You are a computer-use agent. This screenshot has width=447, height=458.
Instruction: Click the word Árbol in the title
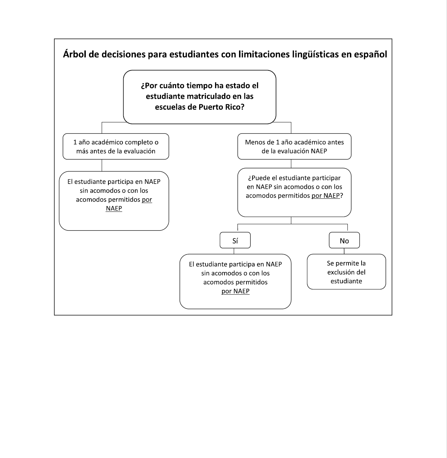pos(74,54)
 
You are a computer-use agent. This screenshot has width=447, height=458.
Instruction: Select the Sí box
pos(235,240)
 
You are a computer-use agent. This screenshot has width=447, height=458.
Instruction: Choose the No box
pos(344,240)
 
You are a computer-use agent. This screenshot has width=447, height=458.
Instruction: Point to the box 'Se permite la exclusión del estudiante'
pos(346,272)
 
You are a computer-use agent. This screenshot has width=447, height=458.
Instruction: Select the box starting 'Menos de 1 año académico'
pos(294,146)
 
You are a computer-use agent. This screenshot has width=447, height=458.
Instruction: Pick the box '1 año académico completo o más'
pos(116,146)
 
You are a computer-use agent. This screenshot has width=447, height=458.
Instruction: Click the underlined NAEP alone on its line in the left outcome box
pos(114,208)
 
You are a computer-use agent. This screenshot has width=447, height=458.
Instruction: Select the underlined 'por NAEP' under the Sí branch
pos(236,291)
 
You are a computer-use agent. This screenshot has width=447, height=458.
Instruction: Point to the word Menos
pos(255,142)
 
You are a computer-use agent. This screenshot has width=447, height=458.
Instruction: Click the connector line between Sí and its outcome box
pos(234,251)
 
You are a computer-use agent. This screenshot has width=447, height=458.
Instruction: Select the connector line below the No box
pos(344,251)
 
